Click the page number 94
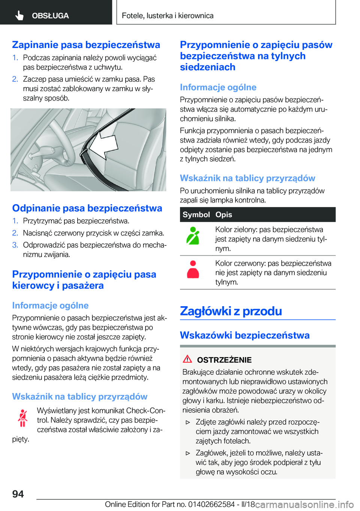click(x=18, y=494)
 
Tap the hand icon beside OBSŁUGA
click(x=19, y=15)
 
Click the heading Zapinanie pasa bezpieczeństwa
click(x=86, y=45)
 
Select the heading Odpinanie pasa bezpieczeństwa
click(x=87, y=208)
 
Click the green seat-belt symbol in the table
click(x=193, y=236)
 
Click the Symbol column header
click(x=196, y=215)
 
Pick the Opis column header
click(x=223, y=215)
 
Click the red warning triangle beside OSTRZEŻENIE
click(x=187, y=359)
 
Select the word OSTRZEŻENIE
click(x=224, y=360)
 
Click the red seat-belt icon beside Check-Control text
click(x=22, y=418)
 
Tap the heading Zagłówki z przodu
click(x=231, y=311)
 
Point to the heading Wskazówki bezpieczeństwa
click(x=244, y=335)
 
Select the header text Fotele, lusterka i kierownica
click(x=168, y=16)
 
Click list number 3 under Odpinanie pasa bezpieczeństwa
click(x=15, y=245)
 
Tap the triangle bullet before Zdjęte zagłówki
click(x=188, y=422)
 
